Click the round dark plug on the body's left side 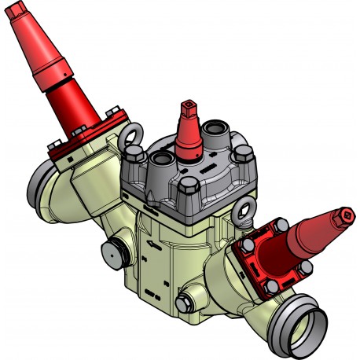pos(115,251)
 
